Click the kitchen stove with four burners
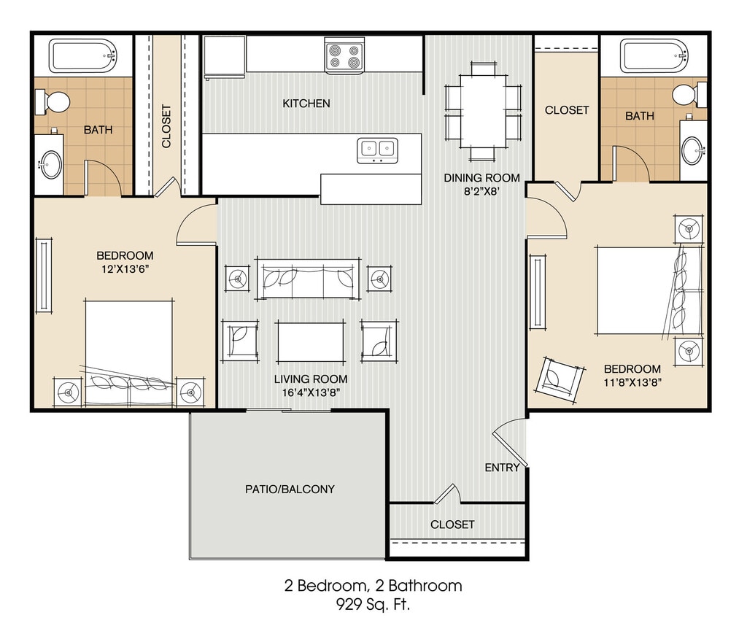(x=345, y=55)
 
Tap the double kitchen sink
(x=377, y=150)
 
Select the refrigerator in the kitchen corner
(x=225, y=57)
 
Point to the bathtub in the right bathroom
(x=654, y=56)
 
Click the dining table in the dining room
(x=484, y=112)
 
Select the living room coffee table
(x=310, y=341)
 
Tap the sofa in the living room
(x=309, y=279)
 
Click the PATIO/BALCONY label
(x=290, y=489)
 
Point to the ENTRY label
(x=502, y=468)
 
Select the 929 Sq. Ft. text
(x=373, y=605)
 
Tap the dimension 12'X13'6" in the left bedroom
(x=125, y=269)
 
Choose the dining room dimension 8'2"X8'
(x=482, y=191)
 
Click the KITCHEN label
(x=306, y=104)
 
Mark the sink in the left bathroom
(x=50, y=164)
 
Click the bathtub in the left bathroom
(x=83, y=57)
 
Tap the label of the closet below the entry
(x=452, y=525)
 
